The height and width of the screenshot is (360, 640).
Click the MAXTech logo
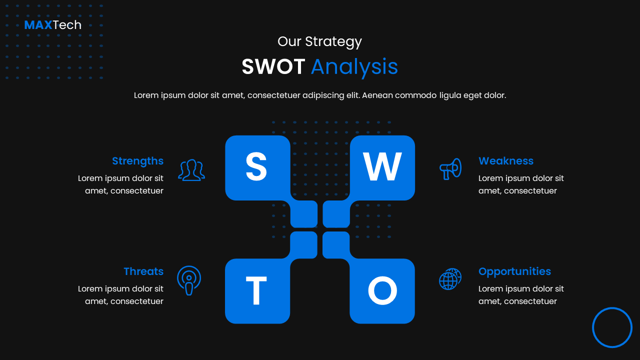[52, 25]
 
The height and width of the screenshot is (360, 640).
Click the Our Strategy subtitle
[319, 41]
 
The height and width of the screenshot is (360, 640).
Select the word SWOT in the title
[273, 67]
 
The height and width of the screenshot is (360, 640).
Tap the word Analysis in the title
[354, 67]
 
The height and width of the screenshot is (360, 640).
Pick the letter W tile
[382, 167]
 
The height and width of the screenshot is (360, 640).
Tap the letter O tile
[382, 291]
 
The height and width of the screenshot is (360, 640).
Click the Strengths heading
[137, 161]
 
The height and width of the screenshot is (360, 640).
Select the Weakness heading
[506, 161]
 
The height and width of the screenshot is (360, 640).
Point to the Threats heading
[143, 271]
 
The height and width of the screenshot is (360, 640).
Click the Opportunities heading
[514, 271]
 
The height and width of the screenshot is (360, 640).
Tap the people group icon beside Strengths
[191, 170]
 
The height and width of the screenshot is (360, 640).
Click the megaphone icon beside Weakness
[450, 169]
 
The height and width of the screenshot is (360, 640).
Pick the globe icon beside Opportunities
[450, 279]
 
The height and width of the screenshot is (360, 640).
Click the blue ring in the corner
[612, 327]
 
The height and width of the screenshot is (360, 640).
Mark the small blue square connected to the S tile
[304, 214]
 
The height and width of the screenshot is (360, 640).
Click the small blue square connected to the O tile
[336, 245]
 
